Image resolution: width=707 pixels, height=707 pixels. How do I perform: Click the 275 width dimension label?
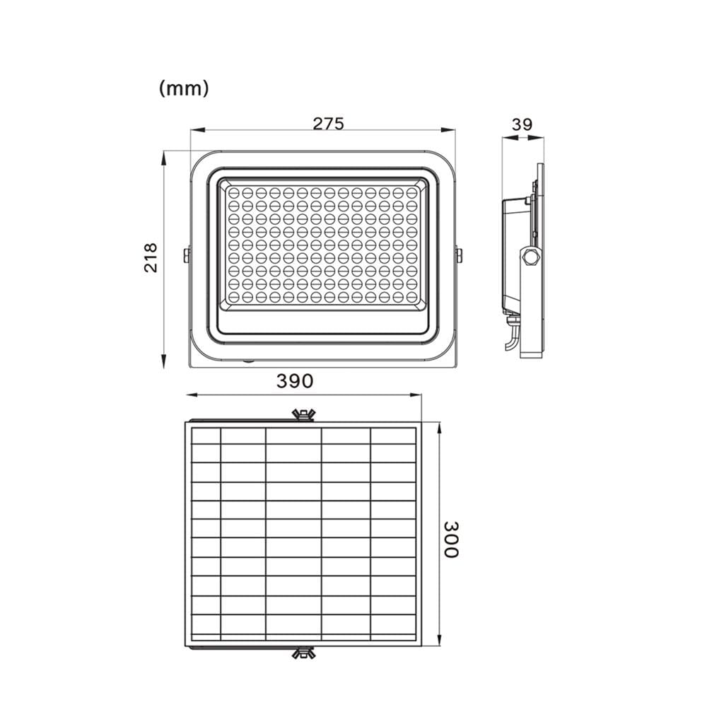pyautogui.click(x=328, y=124)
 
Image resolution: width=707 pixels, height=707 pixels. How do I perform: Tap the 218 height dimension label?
pyautogui.click(x=151, y=257)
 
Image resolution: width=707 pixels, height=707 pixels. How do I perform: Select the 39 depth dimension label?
pyautogui.click(x=522, y=124)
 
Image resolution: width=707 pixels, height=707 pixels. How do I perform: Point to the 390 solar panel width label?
pyautogui.click(x=294, y=381)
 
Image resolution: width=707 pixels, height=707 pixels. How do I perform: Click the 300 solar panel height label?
pyautogui.click(x=450, y=539)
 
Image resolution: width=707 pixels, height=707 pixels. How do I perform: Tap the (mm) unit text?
pyautogui.click(x=184, y=88)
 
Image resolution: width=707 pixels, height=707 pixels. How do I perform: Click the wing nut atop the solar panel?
pyautogui.click(x=303, y=415)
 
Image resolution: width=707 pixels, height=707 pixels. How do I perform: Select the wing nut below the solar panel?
pyautogui.click(x=303, y=653)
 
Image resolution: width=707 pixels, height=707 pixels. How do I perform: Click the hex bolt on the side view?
pyautogui.click(x=529, y=257)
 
